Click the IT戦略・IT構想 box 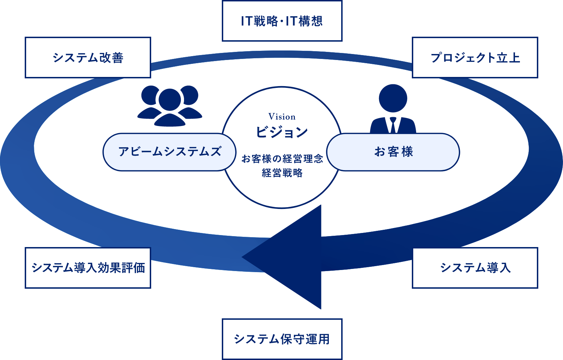coord(282,21)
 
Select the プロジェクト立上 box coord(475,58)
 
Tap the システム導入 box coord(475,268)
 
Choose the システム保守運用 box coord(282,339)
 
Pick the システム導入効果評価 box coord(88,268)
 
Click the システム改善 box coord(88,58)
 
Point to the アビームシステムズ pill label coord(170,152)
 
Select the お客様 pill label coord(393,152)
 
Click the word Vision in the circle coord(282,117)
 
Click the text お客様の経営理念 coord(282,159)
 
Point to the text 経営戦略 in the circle coord(282,173)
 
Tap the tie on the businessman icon coord(393,125)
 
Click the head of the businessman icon coord(393,98)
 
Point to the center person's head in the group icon coord(170,100)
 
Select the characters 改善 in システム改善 coord(111,58)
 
